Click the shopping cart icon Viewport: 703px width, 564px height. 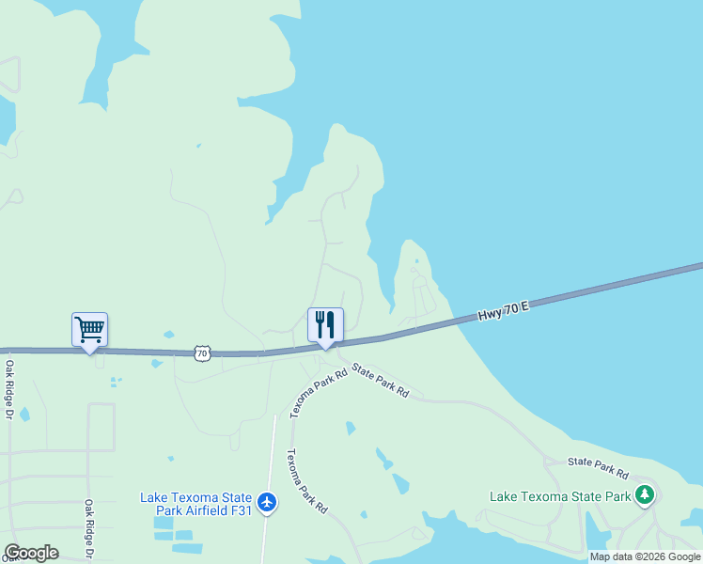[x=89, y=330]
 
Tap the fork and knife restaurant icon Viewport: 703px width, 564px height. [x=325, y=325]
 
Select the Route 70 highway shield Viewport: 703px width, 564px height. [x=202, y=353]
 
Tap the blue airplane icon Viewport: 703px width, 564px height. [x=268, y=503]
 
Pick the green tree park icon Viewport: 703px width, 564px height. [x=644, y=494]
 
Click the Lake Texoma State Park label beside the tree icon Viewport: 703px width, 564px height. [x=560, y=495]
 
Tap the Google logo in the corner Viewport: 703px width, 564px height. [x=31, y=553]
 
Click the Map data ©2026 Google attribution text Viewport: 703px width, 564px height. [x=644, y=556]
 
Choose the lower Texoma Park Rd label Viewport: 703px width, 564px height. [x=306, y=480]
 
